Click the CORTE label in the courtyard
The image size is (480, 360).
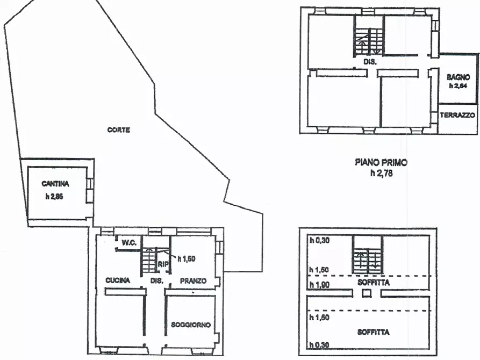(118, 130)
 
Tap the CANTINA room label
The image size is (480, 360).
(55, 184)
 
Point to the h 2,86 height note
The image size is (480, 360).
(54, 197)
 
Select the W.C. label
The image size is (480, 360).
(129, 243)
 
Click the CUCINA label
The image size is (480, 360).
(118, 280)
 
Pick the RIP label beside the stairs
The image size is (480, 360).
(163, 264)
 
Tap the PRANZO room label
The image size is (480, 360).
(193, 280)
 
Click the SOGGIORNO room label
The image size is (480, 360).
(191, 325)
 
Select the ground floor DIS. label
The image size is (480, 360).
(157, 280)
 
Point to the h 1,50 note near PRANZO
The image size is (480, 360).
(187, 259)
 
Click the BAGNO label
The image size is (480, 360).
(458, 77)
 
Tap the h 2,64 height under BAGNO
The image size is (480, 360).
(458, 86)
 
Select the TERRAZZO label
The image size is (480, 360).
(457, 115)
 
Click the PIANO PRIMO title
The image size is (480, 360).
(381, 162)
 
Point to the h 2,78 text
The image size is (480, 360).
(382, 173)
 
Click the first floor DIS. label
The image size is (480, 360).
(370, 62)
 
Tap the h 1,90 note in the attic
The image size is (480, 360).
(319, 285)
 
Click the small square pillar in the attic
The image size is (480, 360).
(367, 293)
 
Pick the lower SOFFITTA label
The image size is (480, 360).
(374, 332)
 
